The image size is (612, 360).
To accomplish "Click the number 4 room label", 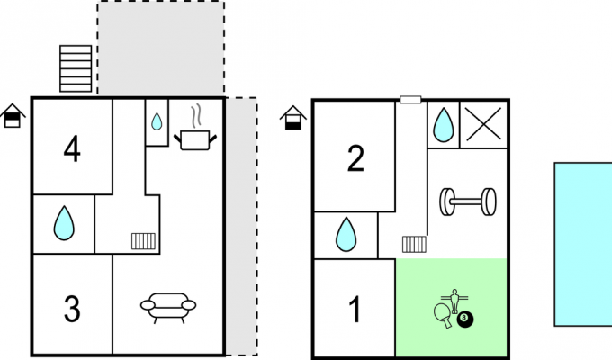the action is point(72,148).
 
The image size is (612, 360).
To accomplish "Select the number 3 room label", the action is point(72,309).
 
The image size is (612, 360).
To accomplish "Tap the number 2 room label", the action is point(355,158).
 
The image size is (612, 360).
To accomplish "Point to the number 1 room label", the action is point(355,309).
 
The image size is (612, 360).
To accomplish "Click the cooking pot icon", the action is point(195,140).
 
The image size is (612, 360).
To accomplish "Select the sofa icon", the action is point(168,308).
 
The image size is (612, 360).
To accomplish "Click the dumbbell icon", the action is point(468,202).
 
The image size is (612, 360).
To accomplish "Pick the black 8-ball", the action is point(464,319).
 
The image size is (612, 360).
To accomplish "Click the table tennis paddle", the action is point(443,315).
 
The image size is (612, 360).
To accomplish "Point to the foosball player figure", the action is point(454,301).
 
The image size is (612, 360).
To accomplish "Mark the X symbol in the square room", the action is point(483,124).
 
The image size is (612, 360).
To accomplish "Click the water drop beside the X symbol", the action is point(444,124).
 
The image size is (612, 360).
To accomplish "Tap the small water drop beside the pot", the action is point(157,121).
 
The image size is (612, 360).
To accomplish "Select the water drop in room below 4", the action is point(64,223).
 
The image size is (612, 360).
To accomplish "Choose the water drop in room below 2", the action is point(346,234).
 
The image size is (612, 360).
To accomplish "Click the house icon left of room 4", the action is point(13,116).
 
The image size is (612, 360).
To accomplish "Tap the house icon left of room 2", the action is point(293,118).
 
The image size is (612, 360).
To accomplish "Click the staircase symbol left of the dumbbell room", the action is point(415,245).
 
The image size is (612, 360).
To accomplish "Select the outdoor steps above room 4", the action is point(76,68).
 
